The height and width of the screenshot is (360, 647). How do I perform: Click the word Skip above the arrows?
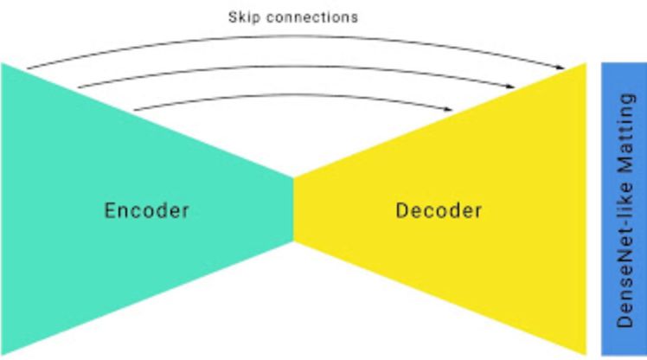tap(245, 16)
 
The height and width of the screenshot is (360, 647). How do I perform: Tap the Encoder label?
tap(146, 210)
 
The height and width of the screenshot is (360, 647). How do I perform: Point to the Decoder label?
tap(439, 210)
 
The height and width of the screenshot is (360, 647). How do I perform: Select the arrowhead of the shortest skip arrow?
tap(452, 109)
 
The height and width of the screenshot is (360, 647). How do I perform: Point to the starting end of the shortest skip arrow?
tap(136, 110)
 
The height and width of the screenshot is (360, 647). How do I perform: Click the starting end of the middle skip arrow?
tap(78, 87)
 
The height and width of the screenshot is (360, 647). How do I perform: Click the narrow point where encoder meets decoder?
tap(294, 179)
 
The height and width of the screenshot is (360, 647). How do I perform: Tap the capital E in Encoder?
tap(110, 210)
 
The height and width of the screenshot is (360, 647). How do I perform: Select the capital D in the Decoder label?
tap(403, 210)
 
